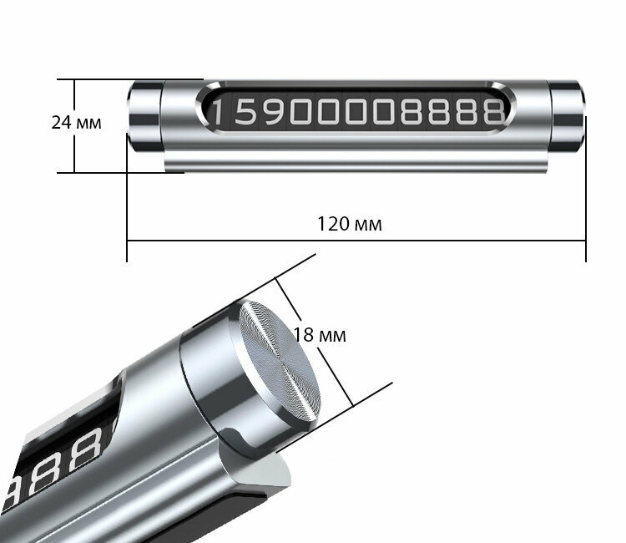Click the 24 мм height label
coord(76,123)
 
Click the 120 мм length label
coord(350,224)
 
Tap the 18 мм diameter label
coord(320,335)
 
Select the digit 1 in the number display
coord(217,112)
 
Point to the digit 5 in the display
coord(245,111)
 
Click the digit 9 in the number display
coord(272,111)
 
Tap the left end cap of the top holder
coord(144,116)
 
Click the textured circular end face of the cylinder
coord(280,363)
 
